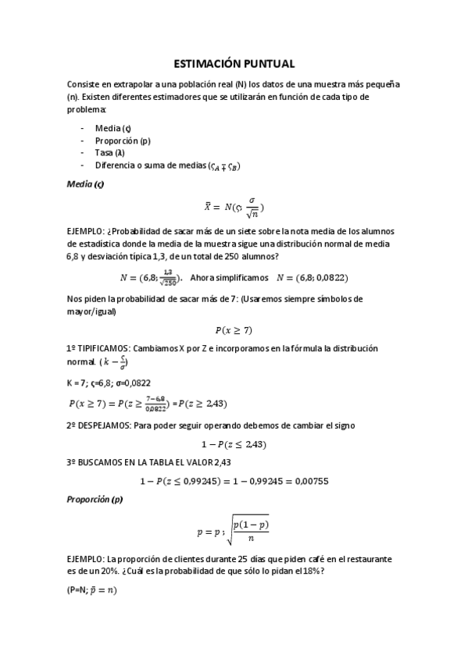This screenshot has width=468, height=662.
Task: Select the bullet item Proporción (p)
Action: click(x=123, y=141)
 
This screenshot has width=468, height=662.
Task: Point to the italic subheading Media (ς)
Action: click(x=85, y=184)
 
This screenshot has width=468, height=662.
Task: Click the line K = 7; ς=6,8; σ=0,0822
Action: click(x=109, y=383)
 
